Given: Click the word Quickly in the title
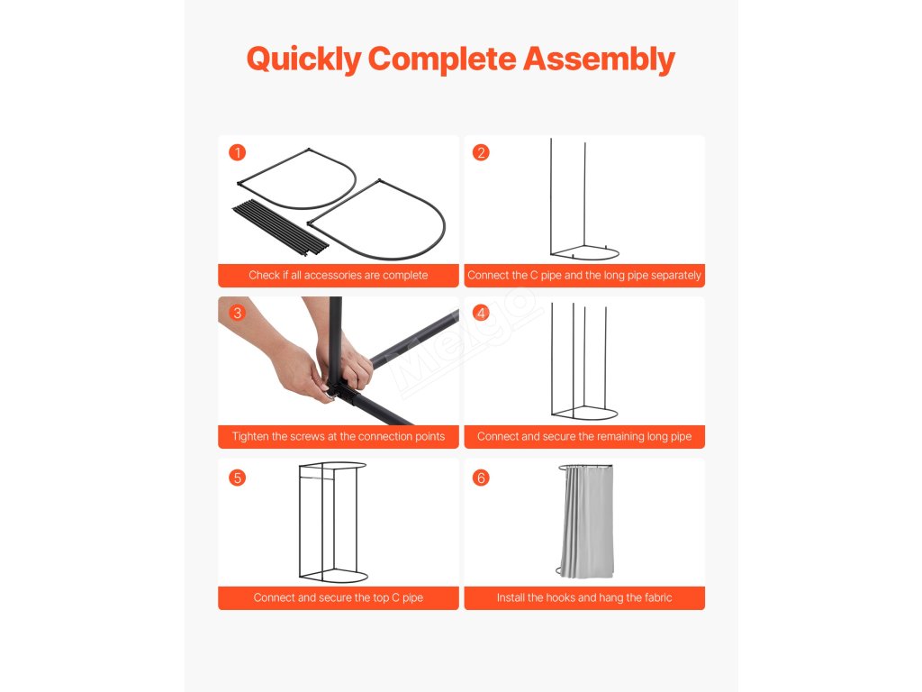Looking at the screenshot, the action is pos(304,60).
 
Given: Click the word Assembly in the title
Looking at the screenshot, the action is pos(599,60).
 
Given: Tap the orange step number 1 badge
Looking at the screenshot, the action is pos(237,153).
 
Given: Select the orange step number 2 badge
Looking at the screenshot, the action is pos(481,153).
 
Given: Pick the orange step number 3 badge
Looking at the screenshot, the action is pos(237,313).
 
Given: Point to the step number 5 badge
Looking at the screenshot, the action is pos(237,478).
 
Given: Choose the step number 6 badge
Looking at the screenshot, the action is pos(481,478).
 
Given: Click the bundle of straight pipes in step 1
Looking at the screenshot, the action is pos(280,228).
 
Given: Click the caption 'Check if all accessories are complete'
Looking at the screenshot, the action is pos(339,276).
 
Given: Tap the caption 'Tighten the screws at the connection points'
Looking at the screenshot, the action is pos(339,437).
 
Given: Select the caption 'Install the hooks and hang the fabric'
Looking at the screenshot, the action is pos(584,598).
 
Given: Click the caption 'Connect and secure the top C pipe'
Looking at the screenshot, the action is pos(339,598).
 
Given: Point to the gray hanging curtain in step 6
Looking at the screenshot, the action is pos(587,522).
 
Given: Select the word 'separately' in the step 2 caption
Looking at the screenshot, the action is pos(676,276).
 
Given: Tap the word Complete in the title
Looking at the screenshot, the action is pos(442,60).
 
